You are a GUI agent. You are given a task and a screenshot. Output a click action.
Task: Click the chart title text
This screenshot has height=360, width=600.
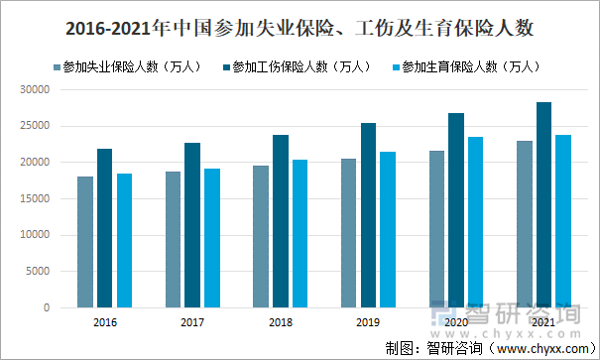point(300,30)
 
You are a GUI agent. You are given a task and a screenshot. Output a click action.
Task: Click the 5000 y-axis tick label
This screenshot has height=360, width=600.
point(38,272)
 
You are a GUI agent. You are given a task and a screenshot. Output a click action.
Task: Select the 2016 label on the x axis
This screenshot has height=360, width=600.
point(105,323)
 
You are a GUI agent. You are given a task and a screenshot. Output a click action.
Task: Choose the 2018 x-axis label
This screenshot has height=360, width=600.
point(281,323)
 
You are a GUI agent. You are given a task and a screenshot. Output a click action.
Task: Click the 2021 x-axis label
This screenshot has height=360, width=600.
point(543,323)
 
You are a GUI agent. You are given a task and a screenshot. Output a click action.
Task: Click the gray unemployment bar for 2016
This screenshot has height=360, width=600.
point(85,242)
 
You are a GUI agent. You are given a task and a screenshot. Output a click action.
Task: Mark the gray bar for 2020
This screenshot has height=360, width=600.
point(436,229)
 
